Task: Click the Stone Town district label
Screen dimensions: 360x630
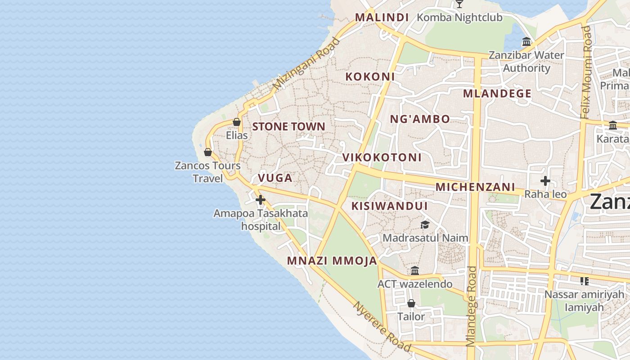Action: (x=288, y=126)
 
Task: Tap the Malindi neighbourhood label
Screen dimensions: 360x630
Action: (x=382, y=18)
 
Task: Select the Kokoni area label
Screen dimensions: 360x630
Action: (x=370, y=76)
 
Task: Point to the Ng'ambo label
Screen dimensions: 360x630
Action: (x=419, y=119)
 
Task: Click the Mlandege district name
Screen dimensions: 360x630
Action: (x=497, y=94)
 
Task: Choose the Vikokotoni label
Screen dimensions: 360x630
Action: (x=382, y=157)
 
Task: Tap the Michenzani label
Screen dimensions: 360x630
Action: (x=475, y=187)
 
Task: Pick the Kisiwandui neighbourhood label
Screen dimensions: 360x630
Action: (x=389, y=206)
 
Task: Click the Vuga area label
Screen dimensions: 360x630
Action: (x=275, y=178)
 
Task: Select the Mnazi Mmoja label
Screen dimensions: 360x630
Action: (x=332, y=261)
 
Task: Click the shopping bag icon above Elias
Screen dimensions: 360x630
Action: (x=237, y=122)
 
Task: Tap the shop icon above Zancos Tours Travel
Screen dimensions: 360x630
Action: (x=208, y=152)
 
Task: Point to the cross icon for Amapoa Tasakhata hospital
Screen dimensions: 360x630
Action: (x=261, y=200)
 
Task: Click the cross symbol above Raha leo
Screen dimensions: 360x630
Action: (x=545, y=181)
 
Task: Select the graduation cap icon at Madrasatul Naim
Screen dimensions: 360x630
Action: (x=425, y=225)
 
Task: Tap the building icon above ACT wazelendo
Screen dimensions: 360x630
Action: (x=415, y=271)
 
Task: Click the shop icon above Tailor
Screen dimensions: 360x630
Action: (x=411, y=303)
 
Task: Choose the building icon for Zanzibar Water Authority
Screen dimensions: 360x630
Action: (x=526, y=42)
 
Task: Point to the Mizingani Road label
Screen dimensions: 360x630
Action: (x=307, y=63)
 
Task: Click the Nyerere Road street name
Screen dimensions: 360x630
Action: (x=382, y=327)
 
